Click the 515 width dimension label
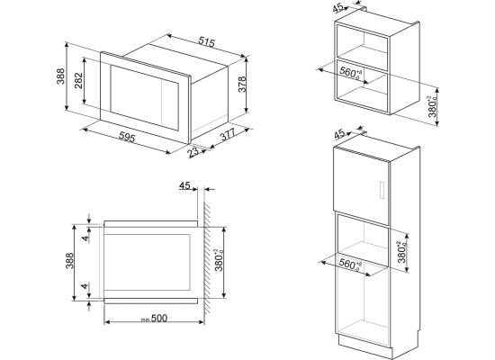pos(207,42)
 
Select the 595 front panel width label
pos(127,137)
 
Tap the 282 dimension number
pos(78,80)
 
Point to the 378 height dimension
pos(242,84)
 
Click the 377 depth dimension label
pos(228,134)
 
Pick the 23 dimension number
pos(193,152)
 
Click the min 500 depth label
pos(155,319)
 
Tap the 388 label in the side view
pos(69,260)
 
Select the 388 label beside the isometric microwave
pos(60,76)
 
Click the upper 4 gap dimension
pos(85,238)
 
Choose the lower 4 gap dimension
pos(85,286)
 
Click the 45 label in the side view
pos(184,185)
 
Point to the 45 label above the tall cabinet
pos(339,134)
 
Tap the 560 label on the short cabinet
pos(350,73)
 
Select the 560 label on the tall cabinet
pos(350,264)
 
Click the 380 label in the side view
pos(219,259)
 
